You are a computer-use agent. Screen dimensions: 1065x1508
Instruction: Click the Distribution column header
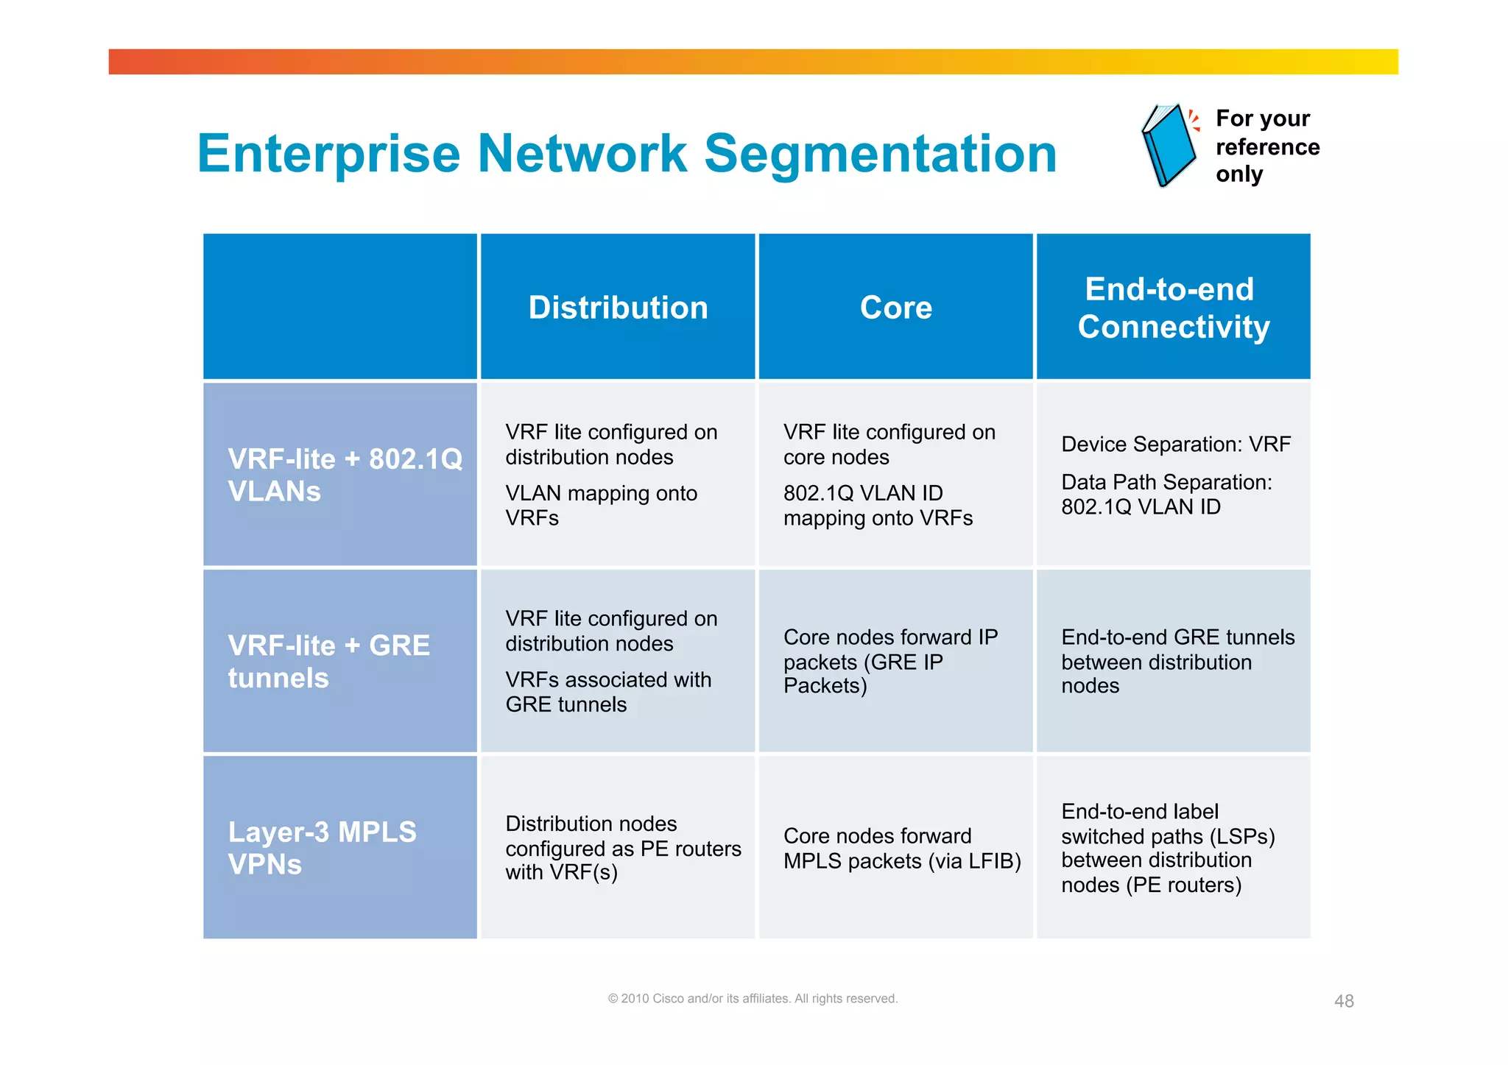[618, 308]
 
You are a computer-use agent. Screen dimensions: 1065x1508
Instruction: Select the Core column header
[895, 308]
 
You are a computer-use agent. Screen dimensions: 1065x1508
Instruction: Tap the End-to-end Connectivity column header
[1173, 308]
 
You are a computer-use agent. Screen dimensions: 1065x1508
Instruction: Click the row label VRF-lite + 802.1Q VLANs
[344, 475]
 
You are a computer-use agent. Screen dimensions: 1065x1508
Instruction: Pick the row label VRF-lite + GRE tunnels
[328, 661]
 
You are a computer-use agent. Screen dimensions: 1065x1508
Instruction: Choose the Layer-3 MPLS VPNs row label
[322, 847]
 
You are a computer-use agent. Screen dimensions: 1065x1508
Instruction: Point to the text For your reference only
[1266, 146]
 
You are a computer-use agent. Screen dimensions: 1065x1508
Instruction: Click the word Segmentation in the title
[880, 154]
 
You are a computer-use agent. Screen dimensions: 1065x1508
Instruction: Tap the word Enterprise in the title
[328, 154]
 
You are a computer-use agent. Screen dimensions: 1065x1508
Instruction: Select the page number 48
[1344, 1001]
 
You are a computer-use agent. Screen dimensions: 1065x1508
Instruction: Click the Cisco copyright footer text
[753, 999]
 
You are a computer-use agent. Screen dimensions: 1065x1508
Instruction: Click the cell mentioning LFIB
[901, 848]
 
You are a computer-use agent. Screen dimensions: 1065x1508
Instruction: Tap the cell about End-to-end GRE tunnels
[1177, 661]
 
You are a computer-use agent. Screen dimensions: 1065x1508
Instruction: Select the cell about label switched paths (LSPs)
[1168, 848]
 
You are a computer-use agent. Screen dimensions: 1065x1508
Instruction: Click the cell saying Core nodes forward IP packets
[889, 661]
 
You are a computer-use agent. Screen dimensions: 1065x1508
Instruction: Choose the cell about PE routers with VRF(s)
[622, 848]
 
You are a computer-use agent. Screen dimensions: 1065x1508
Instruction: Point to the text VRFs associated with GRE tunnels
[607, 692]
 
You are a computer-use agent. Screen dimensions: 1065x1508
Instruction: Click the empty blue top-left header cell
[339, 306]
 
